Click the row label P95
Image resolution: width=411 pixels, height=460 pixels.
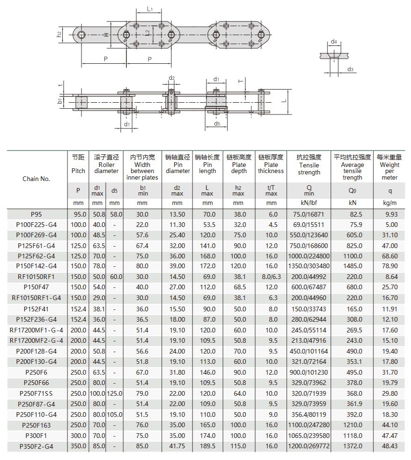click(x=36, y=214)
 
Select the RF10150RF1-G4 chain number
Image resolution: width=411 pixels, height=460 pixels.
click(x=36, y=298)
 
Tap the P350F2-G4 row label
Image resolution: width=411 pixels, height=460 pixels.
click(x=36, y=446)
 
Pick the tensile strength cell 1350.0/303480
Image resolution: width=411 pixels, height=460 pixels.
click(x=309, y=266)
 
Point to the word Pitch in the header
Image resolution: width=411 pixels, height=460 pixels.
click(x=78, y=171)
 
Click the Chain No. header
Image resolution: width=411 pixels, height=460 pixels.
click(x=36, y=179)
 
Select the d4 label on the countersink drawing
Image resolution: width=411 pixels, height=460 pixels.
click(x=334, y=42)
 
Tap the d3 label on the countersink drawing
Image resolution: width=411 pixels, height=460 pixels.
click(x=350, y=69)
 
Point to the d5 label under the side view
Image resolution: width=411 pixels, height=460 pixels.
click(x=217, y=124)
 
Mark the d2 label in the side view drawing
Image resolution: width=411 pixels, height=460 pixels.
click(x=171, y=78)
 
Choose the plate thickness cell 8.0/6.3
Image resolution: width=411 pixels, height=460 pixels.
click(x=271, y=277)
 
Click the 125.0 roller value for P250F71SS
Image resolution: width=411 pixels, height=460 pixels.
click(x=115, y=393)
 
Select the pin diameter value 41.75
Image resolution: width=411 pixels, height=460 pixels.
click(x=177, y=446)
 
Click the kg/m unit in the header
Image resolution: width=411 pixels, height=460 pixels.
click(x=389, y=203)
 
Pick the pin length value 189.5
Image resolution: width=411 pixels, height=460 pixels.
click(x=207, y=446)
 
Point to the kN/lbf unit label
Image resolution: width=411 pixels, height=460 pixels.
click(x=309, y=203)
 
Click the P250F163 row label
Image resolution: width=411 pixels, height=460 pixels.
click(x=36, y=425)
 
